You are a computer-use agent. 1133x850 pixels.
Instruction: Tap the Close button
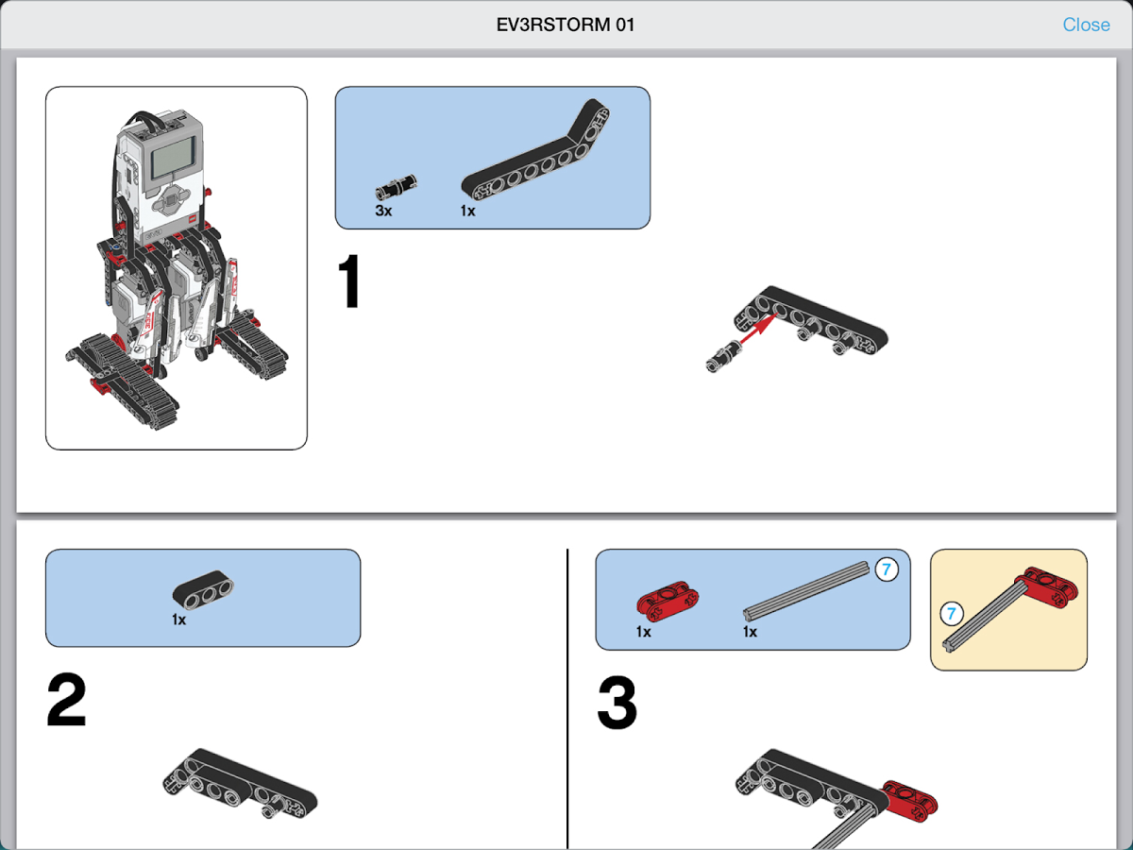1086,25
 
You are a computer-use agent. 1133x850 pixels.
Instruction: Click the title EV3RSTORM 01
566,25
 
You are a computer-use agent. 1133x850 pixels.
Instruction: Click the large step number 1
350,282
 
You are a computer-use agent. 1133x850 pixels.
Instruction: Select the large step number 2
66,701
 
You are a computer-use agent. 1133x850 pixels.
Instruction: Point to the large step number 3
617,704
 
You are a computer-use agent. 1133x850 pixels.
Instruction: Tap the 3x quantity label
383,211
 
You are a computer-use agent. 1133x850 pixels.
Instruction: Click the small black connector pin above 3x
397,185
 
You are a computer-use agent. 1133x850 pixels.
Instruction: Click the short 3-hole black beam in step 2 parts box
203,591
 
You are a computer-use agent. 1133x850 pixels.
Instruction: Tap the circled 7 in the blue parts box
886,569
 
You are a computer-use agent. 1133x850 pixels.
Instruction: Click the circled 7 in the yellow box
952,615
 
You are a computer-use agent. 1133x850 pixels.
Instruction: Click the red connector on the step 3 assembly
910,799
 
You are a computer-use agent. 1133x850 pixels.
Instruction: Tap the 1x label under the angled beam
468,211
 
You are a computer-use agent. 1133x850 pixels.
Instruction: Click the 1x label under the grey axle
750,632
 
